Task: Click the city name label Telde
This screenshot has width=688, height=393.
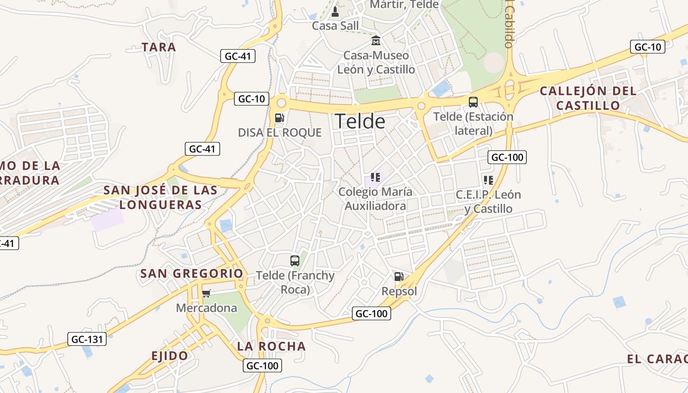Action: pyautogui.click(x=360, y=121)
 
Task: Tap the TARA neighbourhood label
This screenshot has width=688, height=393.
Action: pyautogui.click(x=159, y=47)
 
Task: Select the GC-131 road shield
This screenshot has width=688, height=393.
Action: pyautogui.click(x=87, y=339)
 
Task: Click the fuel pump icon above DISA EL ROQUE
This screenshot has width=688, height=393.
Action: pyautogui.click(x=279, y=117)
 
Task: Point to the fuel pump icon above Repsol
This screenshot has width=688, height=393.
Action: pyautogui.click(x=399, y=277)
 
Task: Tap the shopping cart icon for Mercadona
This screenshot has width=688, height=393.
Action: pyautogui.click(x=206, y=293)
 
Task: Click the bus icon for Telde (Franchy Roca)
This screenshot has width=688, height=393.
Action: pyautogui.click(x=295, y=261)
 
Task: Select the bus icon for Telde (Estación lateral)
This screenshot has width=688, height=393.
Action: pyautogui.click(x=473, y=102)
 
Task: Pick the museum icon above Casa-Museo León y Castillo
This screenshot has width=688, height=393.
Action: pyautogui.click(x=376, y=40)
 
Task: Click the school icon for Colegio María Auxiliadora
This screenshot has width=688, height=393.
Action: pyautogui.click(x=375, y=177)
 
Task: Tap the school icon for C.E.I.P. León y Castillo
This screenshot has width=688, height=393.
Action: pyautogui.click(x=488, y=180)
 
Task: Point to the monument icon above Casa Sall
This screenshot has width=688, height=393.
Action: pyautogui.click(x=336, y=11)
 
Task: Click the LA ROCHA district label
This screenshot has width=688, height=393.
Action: pyautogui.click(x=271, y=346)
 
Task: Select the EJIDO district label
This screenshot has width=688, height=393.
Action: pyautogui.click(x=170, y=356)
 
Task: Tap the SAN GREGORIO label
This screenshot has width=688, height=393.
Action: pyautogui.click(x=192, y=274)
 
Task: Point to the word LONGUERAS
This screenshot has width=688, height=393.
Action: pyautogui.click(x=161, y=205)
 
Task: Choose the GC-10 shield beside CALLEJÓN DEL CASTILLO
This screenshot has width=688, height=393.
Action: pyautogui.click(x=647, y=47)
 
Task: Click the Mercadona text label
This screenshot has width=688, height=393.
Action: pyautogui.click(x=206, y=308)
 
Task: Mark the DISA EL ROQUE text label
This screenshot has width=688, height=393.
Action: pyautogui.click(x=280, y=133)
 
